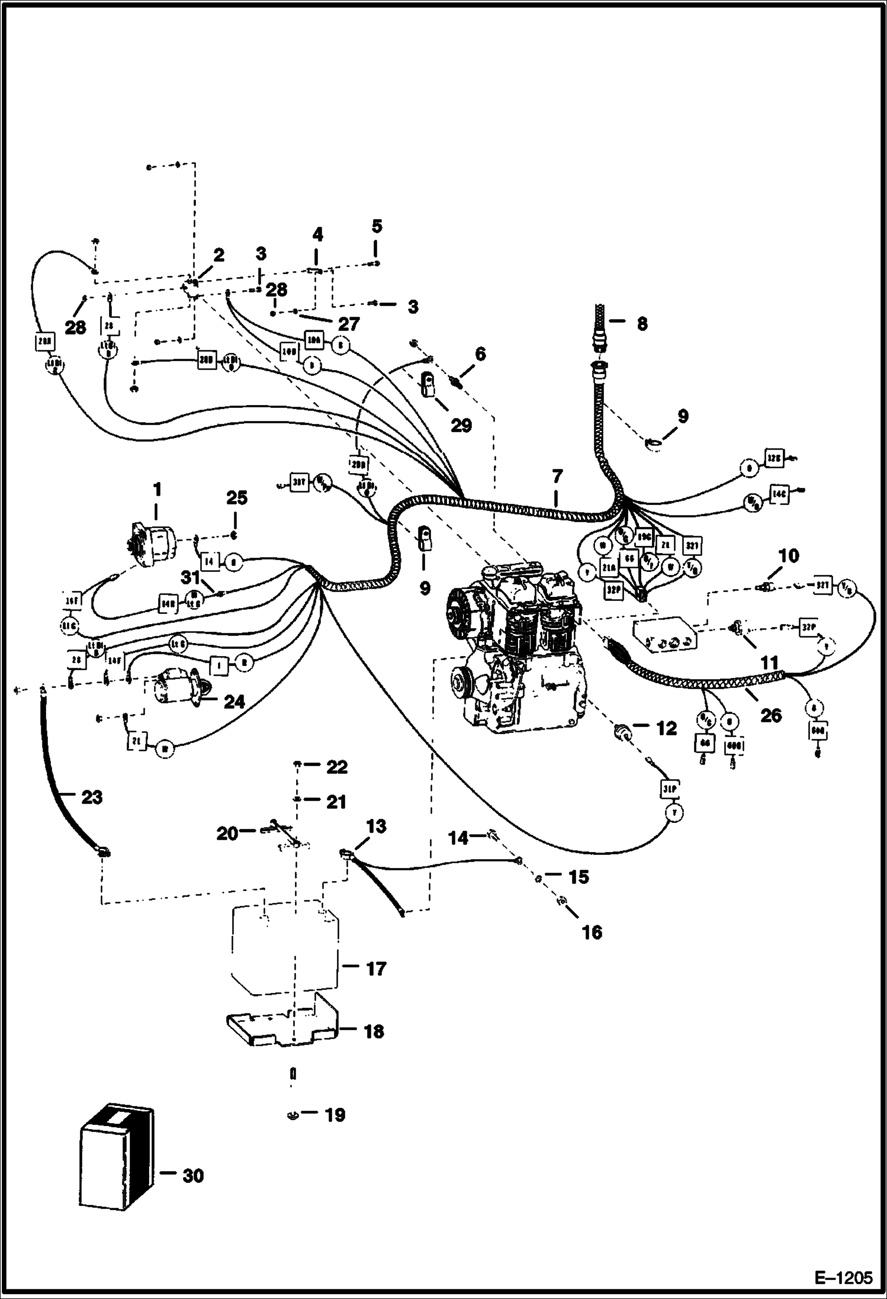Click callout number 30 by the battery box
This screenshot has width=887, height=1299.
[193, 1175]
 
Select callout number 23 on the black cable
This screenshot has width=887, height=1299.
[92, 798]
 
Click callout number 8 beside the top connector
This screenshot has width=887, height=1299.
[642, 324]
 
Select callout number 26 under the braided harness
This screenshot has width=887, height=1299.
[770, 715]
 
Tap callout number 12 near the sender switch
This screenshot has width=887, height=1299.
[666, 728]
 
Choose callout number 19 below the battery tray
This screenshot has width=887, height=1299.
[335, 1115]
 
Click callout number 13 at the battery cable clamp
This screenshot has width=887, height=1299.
[377, 826]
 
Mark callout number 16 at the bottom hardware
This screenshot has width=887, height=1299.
[592, 933]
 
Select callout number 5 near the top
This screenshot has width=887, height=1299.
[377, 226]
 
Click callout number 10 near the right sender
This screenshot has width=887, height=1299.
[789, 556]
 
